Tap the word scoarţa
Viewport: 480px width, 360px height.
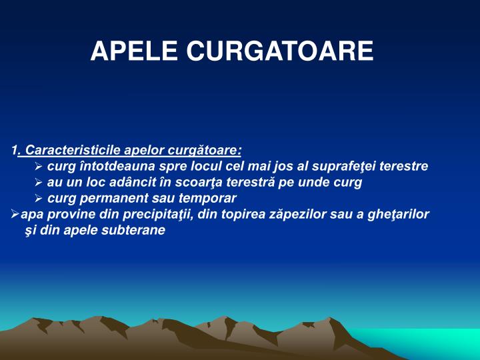coord(209,182)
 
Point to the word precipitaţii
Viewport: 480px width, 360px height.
coord(145,215)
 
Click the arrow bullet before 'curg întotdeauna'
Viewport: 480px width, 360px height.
coord(39,166)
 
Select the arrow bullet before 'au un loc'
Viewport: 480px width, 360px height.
coord(39,183)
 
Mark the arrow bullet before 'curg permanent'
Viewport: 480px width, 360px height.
coord(39,199)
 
